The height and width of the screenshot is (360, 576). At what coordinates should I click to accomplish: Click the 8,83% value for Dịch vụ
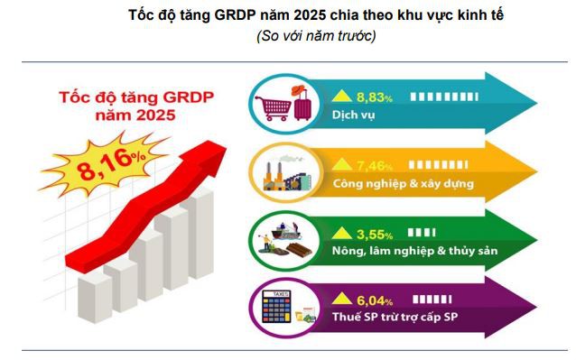[375, 97]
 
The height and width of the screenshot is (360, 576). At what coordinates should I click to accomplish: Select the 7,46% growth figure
[375, 166]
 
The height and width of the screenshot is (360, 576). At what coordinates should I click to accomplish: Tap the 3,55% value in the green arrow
[375, 235]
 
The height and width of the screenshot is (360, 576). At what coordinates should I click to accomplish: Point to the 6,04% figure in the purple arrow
[375, 301]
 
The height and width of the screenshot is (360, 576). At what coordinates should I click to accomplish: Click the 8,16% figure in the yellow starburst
[110, 165]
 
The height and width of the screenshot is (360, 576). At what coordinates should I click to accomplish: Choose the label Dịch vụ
[353, 115]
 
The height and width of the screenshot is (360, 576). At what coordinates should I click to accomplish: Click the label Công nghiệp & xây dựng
[403, 183]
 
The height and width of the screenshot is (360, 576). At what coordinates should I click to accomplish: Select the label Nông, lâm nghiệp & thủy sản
[414, 251]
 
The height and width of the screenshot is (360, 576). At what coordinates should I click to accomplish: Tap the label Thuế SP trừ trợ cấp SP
[395, 317]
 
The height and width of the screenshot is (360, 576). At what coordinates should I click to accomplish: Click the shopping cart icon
[273, 108]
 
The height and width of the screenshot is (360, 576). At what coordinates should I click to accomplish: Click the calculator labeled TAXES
[276, 307]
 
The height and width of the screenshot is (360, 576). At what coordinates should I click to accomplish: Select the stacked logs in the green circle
[299, 250]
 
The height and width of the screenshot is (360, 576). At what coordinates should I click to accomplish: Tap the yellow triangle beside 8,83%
[342, 96]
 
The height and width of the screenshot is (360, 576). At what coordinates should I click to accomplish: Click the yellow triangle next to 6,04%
[342, 299]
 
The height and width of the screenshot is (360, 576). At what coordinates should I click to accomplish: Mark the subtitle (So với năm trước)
[316, 36]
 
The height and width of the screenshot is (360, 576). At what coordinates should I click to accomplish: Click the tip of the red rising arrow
[226, 147]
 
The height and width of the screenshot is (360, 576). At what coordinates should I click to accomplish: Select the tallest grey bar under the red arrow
[200, 232]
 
